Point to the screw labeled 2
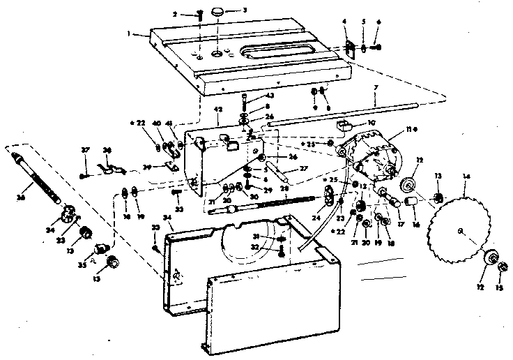(200, 15)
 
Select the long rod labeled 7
(342, 116)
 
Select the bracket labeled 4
(346, 46)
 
